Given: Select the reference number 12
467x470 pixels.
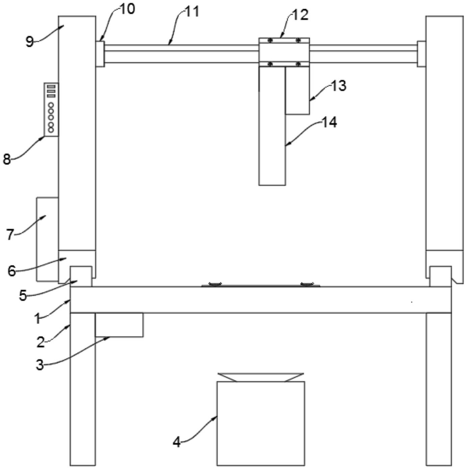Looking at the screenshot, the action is [x=301, y=15].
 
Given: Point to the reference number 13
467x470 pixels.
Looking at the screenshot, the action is [x=339, y=86].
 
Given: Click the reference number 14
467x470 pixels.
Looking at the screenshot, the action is [x=329, y=122].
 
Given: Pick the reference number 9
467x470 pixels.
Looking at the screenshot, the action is [x=30, y=42].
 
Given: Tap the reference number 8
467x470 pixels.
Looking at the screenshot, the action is [x=7, y=160].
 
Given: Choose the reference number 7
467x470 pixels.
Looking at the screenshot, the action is [x=10, y=235].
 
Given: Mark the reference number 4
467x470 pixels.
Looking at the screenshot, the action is [x=176, y=442].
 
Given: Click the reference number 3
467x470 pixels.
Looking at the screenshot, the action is [x=40, y=365].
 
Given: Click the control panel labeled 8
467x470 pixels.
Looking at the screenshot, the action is [x=51, y=109].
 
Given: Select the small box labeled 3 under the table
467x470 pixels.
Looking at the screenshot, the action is [x=119, y=325].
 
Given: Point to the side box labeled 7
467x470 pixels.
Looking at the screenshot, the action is [x=47, y=239].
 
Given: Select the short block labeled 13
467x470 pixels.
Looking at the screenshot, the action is [x=297, y=90].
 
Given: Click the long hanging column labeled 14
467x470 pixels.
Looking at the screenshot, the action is [x=272, y=126].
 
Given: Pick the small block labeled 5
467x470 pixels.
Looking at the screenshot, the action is [x=81, y=276].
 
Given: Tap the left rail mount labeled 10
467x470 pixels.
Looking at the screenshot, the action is [x=100, y=54].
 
